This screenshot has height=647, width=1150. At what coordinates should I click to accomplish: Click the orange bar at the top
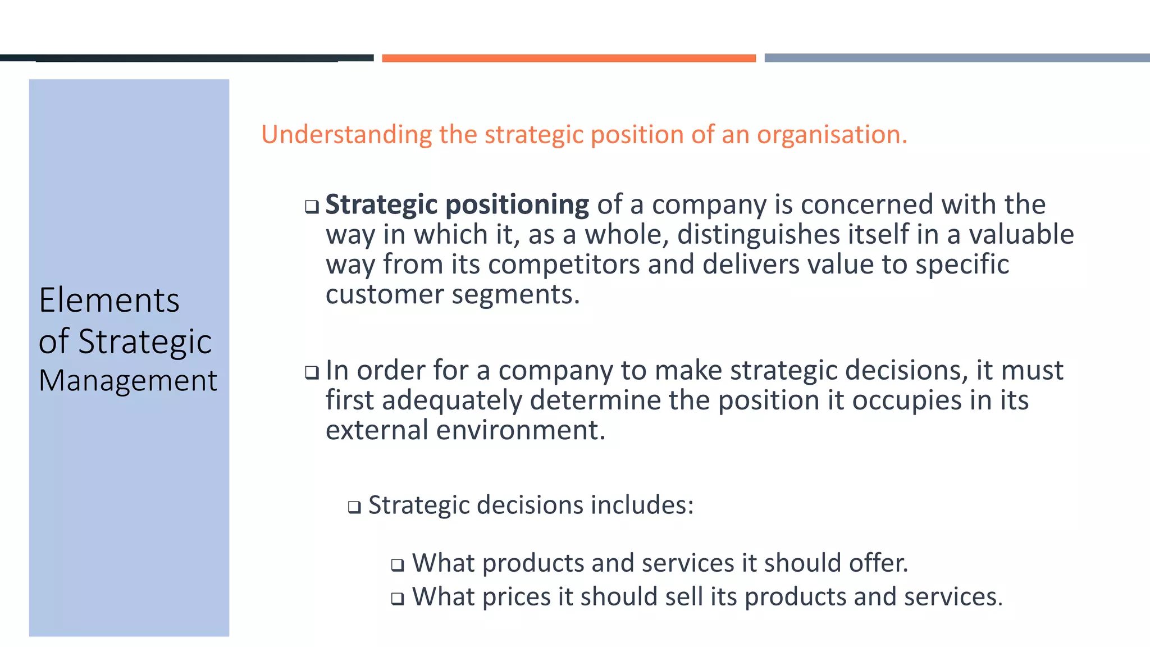click(x=568, y=58)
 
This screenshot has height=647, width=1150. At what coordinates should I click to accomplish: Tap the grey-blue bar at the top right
click(x=957, y=58)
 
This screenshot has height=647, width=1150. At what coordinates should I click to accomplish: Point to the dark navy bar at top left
click(x=186, y=58)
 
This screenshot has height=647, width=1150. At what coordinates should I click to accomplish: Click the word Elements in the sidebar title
click(x=109, y=300)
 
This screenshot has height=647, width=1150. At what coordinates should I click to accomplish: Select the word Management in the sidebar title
click(x=127, y=381)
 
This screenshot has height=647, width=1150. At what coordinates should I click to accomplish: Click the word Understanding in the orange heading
click(x=346, y=135)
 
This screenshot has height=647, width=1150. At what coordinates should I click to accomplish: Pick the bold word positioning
click(x=517, y=204)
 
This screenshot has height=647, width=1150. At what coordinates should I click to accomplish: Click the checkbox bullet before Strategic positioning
click(x=312, y=207)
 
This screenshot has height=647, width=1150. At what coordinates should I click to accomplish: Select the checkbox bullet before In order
click(x=312, y=372)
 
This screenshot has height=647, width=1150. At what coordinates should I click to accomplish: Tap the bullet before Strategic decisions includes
click(x=354, y=507)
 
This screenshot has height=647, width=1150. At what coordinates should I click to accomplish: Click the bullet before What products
click(x=398, y=564)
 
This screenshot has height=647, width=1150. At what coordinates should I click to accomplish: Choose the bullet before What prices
click(x=398, y=598)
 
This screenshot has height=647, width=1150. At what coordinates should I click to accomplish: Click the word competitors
click(x=564, y=265)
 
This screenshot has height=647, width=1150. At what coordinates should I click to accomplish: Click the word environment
click(x=521, y=430)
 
